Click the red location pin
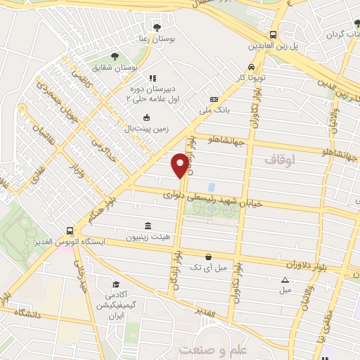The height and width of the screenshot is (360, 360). [180, 165]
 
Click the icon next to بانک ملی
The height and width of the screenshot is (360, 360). [214, 99]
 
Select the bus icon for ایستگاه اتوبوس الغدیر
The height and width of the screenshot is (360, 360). [70, 231]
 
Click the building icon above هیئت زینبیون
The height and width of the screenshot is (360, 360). [148, 226]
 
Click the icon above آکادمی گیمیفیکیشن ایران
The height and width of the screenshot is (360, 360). [115, 285]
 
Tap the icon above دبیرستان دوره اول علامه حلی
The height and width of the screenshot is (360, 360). [151, 78]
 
